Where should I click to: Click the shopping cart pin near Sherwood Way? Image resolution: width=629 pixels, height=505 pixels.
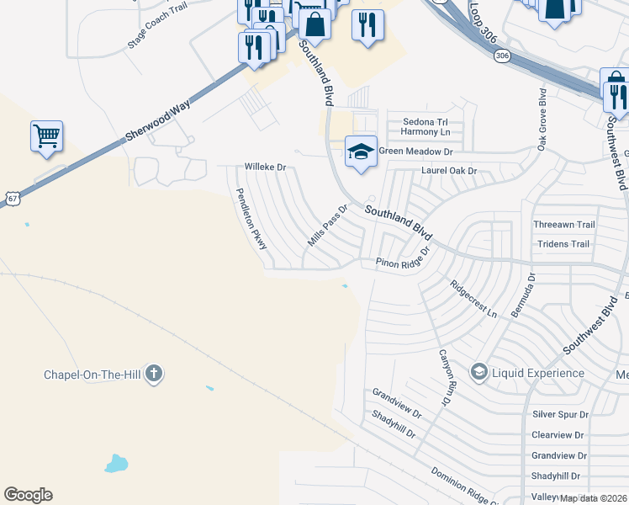point(46,136)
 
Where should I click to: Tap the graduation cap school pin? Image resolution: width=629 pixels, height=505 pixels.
point(361,151)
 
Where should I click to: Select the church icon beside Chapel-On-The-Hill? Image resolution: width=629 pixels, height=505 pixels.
point(153,373)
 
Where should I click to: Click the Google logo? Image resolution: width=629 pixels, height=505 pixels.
point(28,495)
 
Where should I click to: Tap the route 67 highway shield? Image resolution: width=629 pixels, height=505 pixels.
point(10,197)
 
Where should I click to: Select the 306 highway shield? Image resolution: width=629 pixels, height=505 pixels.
point(502,56)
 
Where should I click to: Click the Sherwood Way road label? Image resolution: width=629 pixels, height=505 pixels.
point(158,120)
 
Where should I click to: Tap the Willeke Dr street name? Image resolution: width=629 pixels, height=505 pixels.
point(265,167)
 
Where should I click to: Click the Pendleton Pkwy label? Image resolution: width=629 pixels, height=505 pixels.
point(251,218)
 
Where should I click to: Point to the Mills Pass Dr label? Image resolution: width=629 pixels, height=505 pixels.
point(327,225)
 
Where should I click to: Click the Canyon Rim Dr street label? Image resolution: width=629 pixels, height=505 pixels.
point(445,376)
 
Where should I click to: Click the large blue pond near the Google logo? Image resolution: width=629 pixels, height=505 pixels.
point(116,463)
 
